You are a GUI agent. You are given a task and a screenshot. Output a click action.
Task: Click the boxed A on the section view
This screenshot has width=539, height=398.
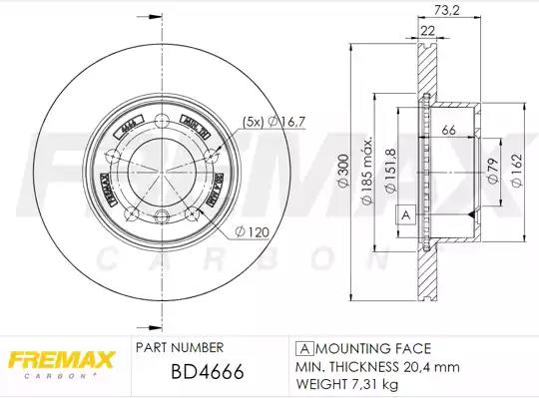[404, 214]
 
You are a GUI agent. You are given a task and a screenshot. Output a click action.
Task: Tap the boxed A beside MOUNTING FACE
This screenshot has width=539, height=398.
[301, 349]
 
